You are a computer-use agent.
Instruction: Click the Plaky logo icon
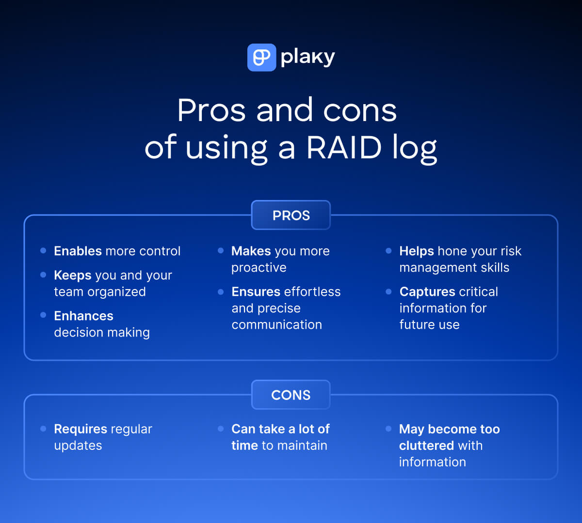tap(261, 58)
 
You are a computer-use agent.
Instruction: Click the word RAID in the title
tap(344, 147)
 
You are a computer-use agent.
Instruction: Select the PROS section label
tap(291, 215)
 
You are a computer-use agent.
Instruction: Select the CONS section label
tap(291, 395)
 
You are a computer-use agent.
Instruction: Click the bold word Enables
tap(78, 251)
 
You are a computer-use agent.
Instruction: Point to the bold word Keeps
tap(73, 275)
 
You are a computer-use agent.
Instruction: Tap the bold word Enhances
tap(83, 316)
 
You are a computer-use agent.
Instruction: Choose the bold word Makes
tap(251, 251)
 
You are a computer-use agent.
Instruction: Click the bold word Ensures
tap(256, 292)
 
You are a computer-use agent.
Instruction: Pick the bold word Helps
tap(417, 251)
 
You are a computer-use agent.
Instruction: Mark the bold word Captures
tap(427, 292)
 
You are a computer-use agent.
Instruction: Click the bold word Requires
tap(81, 429)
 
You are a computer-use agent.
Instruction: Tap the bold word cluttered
tap(427, 446)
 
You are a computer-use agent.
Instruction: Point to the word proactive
tap(259, 268)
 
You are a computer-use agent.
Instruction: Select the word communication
tap(276, 324)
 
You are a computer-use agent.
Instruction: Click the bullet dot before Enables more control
tap(43, 250)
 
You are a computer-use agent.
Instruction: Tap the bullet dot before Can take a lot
tap(221, 429)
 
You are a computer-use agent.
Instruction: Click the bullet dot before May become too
tap(388, 429)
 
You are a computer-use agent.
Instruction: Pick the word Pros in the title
tap(211, 110)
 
